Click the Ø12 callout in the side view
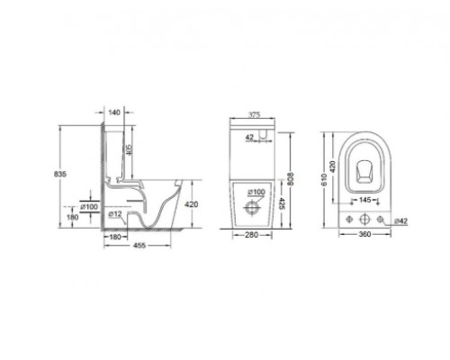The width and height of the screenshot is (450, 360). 114,214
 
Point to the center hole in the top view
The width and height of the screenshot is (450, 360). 364,220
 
